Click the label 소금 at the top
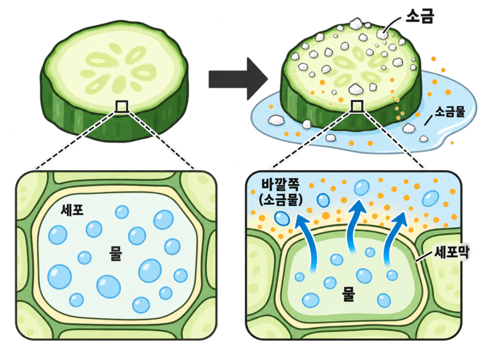click(x=420, y=16)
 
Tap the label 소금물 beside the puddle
click(x=450, y=112)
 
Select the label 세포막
click(x=451, y=253)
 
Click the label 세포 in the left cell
click(x=72, y=210)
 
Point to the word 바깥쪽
click(x=280, y=185)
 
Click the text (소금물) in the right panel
click(x=281, y=199)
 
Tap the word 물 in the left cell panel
click(x=116, y=254)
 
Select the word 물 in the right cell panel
click(x=348, y=294)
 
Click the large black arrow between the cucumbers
click(x=238, y=79)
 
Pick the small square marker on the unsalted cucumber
click(x=121, y=106)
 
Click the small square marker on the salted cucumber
click(x=357, y=106)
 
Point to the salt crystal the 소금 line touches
click(x=382, y=34)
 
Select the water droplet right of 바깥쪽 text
click(x=323, y=201)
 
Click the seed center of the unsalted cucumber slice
click(x=118, y=70)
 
